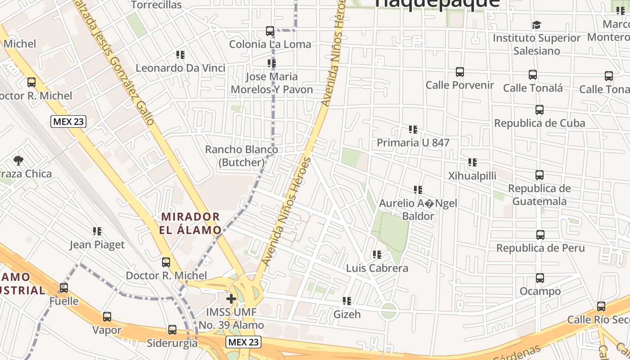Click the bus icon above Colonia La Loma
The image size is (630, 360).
(270, 31)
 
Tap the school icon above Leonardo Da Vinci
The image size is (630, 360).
(180, 55)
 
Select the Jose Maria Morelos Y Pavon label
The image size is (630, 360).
(271, 83)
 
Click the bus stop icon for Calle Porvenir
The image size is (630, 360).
(459, 72)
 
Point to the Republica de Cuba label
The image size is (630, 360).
(540, 123)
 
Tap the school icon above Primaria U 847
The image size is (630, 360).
(413, 130)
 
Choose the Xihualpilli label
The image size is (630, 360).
(472, 175)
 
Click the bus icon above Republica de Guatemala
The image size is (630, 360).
(540, 175)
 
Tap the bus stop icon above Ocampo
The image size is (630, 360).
(540, 278)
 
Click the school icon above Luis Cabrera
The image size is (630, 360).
(377, 255)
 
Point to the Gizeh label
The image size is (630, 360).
(347, 314)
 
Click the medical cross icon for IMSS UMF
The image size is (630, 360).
(231, 299)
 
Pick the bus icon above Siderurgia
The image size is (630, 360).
(172, 330)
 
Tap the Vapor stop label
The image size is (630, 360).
(107, 330)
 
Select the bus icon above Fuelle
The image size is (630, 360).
(64, 288)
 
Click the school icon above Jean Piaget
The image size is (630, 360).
(97, 232)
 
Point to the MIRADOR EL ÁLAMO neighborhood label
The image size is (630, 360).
(191, 224)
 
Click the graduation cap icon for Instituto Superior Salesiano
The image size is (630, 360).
(536, 25)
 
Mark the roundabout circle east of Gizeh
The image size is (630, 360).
(388, 310)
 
